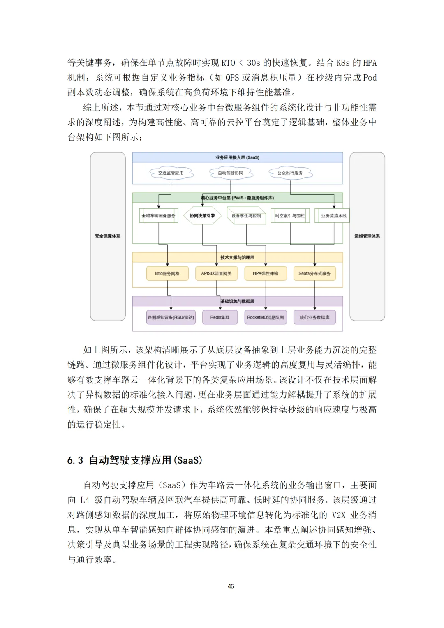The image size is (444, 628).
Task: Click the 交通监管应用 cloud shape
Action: [x=171, y=173]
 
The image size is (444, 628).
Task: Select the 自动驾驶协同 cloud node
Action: [x=230, y=173]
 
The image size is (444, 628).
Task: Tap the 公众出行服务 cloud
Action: [x=290, y=173]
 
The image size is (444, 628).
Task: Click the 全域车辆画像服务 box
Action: [x=159, y=216]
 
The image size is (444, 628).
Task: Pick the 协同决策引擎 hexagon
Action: [x=202, y=216]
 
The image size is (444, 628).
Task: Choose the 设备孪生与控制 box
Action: [x=246, y=216]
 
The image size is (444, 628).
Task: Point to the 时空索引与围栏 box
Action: [x=290, y=216]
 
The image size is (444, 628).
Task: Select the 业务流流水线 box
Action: [x=333, y=216]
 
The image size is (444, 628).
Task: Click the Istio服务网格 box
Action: [x=167, y=274]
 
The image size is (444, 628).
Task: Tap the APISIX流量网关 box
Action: [x=216, y=274]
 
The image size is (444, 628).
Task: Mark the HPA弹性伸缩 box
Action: [x=266, y=274]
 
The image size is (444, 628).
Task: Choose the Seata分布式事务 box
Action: [x=314, y=274]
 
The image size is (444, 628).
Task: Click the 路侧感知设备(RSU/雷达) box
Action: [x=171, y=317]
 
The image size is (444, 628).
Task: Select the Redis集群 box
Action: [x=220, y=317]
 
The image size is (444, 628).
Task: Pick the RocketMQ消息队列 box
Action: [x=266, y=317]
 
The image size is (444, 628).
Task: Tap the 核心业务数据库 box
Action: [x=314, y=317]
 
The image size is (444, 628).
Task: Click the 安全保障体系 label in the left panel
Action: [x=108, y=236]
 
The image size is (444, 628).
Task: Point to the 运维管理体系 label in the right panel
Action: [x=367, y=236]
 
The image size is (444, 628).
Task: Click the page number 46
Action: [x=231, y=586]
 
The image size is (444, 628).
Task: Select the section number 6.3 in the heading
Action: [x=75, y=460]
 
